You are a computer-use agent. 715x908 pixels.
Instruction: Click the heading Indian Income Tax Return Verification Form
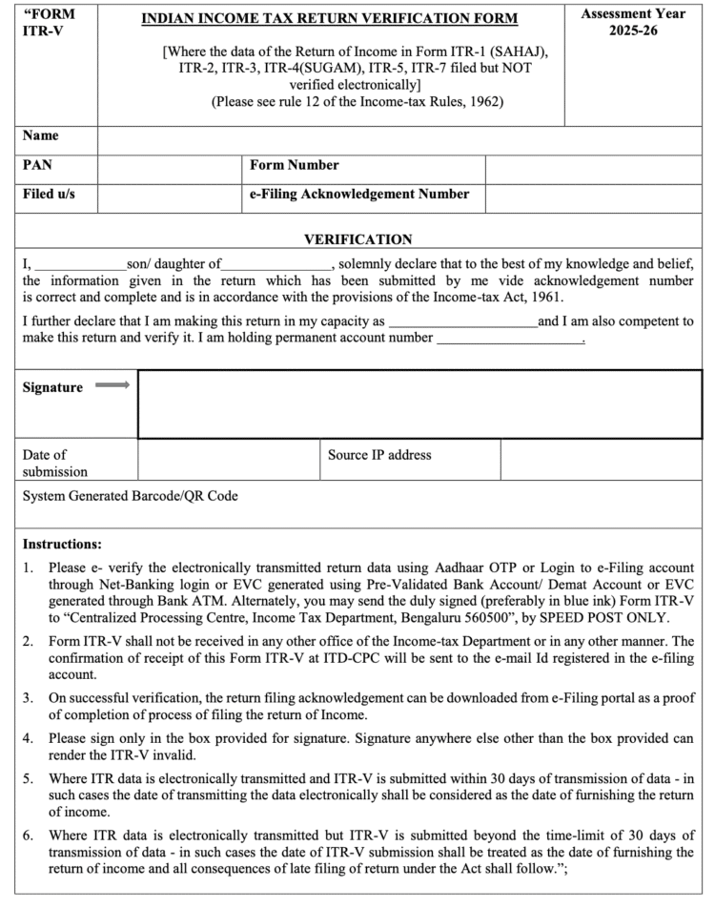[330, 18]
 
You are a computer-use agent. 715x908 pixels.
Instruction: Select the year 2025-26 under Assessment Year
[633, 31]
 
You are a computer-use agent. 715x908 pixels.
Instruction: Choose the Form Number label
[295, 166]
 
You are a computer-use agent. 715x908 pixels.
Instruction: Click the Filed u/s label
[49, 195]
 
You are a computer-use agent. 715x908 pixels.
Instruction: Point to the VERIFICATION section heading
[357, 239]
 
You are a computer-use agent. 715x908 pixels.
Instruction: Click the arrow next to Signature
[112, 385]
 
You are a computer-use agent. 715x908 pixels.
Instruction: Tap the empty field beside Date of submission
[228, 460]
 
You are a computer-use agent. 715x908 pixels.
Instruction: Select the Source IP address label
[379, 455]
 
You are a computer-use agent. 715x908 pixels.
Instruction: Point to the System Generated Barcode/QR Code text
[131, 495]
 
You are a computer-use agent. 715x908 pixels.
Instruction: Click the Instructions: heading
[62, 545]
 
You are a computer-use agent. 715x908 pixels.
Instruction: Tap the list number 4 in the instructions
[29, 737]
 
